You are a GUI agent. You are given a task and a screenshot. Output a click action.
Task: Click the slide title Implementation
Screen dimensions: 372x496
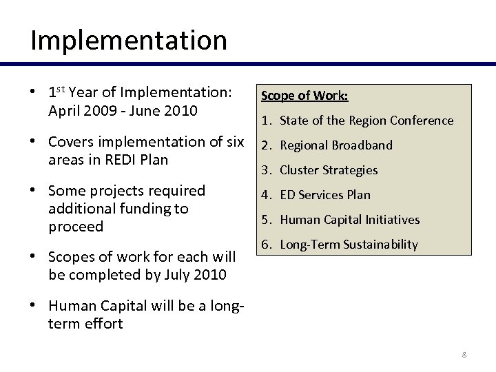coord(128,40)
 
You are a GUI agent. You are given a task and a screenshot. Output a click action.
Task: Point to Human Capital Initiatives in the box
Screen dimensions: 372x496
coord(349,220)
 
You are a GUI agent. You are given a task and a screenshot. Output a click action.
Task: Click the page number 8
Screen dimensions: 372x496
coord(464,355)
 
